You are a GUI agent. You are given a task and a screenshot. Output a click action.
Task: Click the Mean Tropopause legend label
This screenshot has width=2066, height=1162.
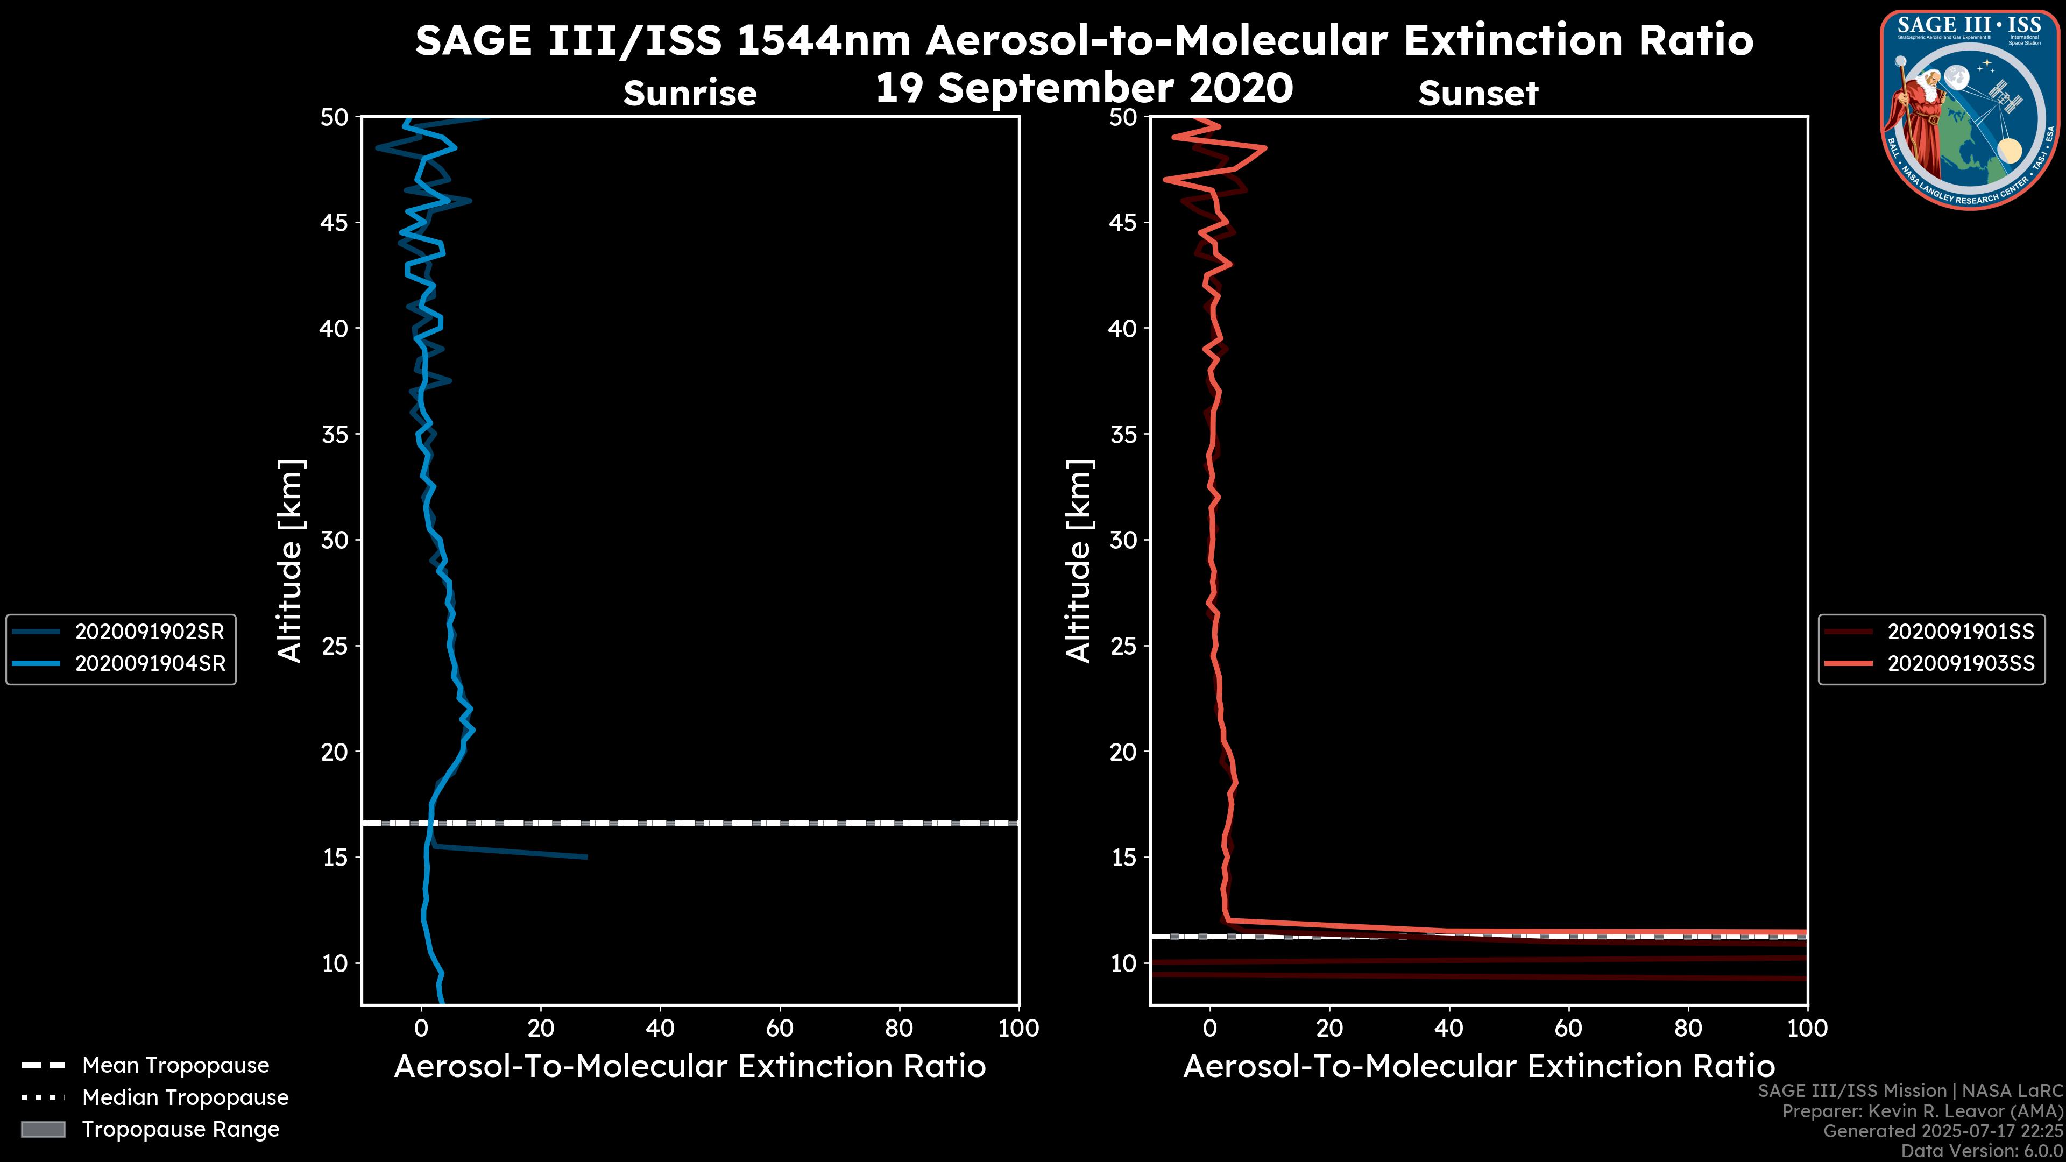[175, 1065]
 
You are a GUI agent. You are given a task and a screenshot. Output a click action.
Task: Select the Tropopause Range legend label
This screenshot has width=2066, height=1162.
[180, 1129]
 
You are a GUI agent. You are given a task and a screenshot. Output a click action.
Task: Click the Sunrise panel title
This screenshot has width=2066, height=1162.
[690, 94]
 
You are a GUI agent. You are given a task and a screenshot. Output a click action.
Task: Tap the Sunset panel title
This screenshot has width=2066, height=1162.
[1478, 94]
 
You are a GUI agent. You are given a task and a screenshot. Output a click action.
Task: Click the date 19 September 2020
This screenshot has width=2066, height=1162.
[1084, 88]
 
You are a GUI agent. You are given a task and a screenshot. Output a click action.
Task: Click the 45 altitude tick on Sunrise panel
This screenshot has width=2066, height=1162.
[335, 222]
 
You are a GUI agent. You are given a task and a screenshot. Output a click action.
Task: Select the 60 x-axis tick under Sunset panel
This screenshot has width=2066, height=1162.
[1568, 1028]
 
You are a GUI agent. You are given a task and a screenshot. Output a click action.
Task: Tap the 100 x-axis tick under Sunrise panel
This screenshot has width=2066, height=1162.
[1018, 1028]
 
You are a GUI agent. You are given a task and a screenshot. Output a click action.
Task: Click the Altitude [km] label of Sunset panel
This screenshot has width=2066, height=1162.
[1079, 561]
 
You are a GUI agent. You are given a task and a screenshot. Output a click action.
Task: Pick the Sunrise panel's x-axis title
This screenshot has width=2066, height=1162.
[690, 1067]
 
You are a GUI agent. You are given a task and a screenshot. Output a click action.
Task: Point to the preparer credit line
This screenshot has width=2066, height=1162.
[1922, 1111]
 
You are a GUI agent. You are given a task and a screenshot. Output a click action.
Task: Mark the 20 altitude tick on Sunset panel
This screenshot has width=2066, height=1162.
[1123, 752]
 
